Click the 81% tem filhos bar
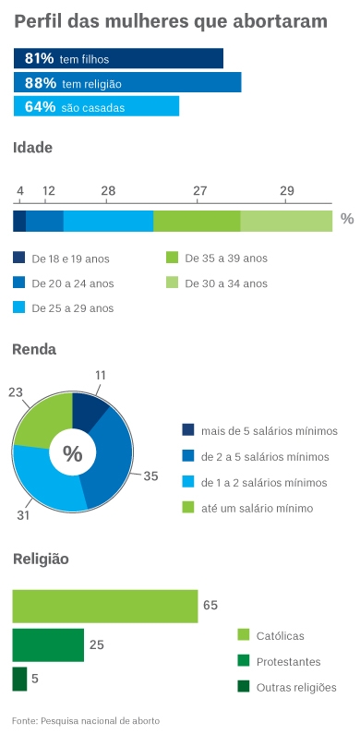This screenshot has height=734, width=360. [118, 58]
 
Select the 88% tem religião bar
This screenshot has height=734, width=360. [127, 82]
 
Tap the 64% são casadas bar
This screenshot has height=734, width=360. [96, 106]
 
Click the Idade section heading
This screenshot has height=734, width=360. [32, 148]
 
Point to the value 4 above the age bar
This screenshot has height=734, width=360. [19, 191]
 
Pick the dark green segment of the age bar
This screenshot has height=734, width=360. [197, 221]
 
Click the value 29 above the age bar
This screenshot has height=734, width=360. [287, 191]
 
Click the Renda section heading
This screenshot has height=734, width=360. [34, 349]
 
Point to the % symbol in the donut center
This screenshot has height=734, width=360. [72, 453]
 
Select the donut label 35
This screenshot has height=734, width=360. [150, 476]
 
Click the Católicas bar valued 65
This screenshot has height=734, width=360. [104, 606]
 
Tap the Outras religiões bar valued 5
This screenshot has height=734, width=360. [19, 679]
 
